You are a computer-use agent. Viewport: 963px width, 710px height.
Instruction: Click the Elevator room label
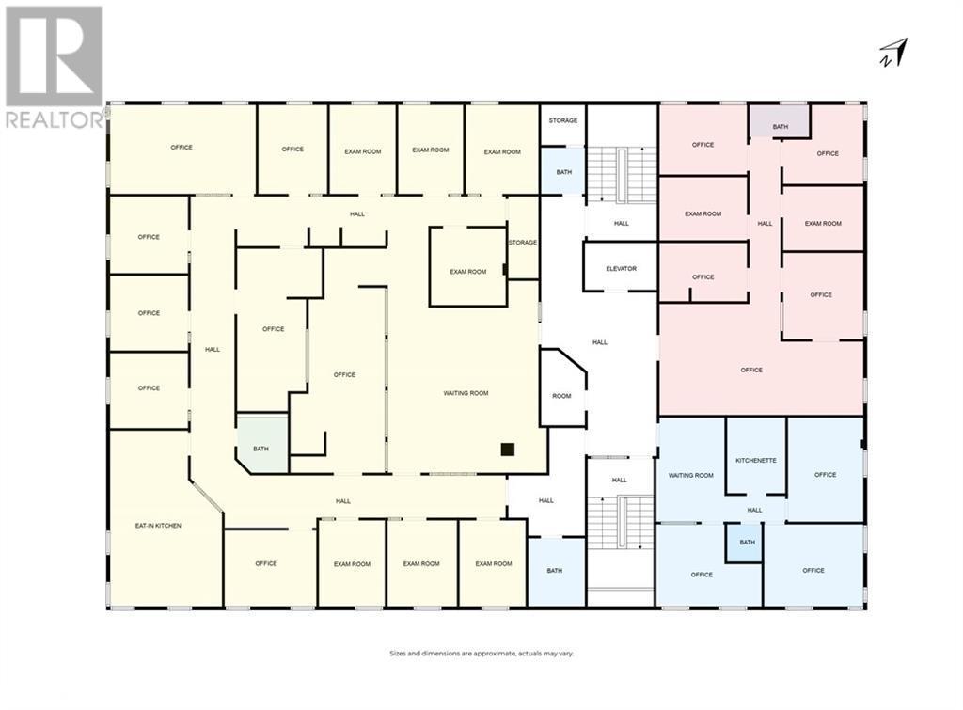(621, 269)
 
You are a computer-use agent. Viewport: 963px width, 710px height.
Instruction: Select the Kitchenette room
(756, 460)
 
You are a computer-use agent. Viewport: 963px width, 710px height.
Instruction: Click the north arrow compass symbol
(896, 53)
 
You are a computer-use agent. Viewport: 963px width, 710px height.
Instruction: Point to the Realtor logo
(55, 67)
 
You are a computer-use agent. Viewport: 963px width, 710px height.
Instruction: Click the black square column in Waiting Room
(508, 450)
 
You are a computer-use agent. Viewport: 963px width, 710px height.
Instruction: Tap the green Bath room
(260, 445)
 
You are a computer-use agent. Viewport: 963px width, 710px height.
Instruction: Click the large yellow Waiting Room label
(466, 393)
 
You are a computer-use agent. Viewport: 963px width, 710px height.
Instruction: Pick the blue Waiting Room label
(691, 476)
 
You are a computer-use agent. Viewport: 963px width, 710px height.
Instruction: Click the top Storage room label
(563, 120)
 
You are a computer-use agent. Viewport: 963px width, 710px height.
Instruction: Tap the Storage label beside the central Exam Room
(523, 243)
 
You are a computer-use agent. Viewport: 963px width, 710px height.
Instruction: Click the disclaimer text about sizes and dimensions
(481, 653)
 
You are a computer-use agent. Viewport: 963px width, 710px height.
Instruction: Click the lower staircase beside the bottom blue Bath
(621, 525)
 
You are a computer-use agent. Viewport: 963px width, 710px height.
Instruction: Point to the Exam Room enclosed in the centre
(467, 272)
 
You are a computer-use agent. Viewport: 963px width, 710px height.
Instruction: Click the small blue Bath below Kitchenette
(747, 543)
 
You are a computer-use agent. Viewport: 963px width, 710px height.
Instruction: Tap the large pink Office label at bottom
(751, 370)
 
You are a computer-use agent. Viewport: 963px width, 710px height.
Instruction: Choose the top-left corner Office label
(182, 148)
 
